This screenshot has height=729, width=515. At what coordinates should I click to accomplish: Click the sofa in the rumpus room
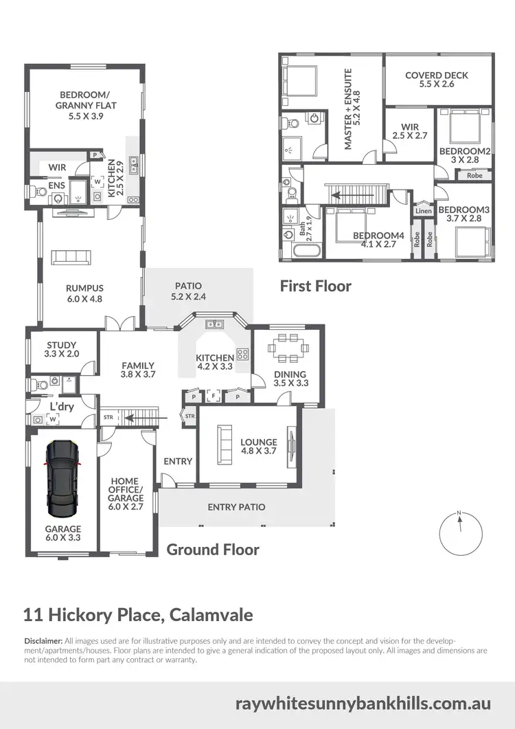(71, 258)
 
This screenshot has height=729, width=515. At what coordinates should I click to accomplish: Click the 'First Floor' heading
(316, 286)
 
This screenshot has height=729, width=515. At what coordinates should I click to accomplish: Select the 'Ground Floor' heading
(213, 549)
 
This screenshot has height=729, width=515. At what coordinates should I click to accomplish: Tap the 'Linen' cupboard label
(424, 211)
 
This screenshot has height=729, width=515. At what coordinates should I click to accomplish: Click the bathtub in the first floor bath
(301, 250)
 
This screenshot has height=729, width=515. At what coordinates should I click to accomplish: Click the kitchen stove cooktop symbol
(242, 355)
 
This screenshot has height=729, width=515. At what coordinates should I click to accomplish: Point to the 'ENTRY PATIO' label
(236, 507)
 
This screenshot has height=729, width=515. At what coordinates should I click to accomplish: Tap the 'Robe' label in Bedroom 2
(474, 175)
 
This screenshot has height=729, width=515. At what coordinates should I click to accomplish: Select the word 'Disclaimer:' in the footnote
(43, 640)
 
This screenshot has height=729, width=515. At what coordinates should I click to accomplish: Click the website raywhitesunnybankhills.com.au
(363, 704)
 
